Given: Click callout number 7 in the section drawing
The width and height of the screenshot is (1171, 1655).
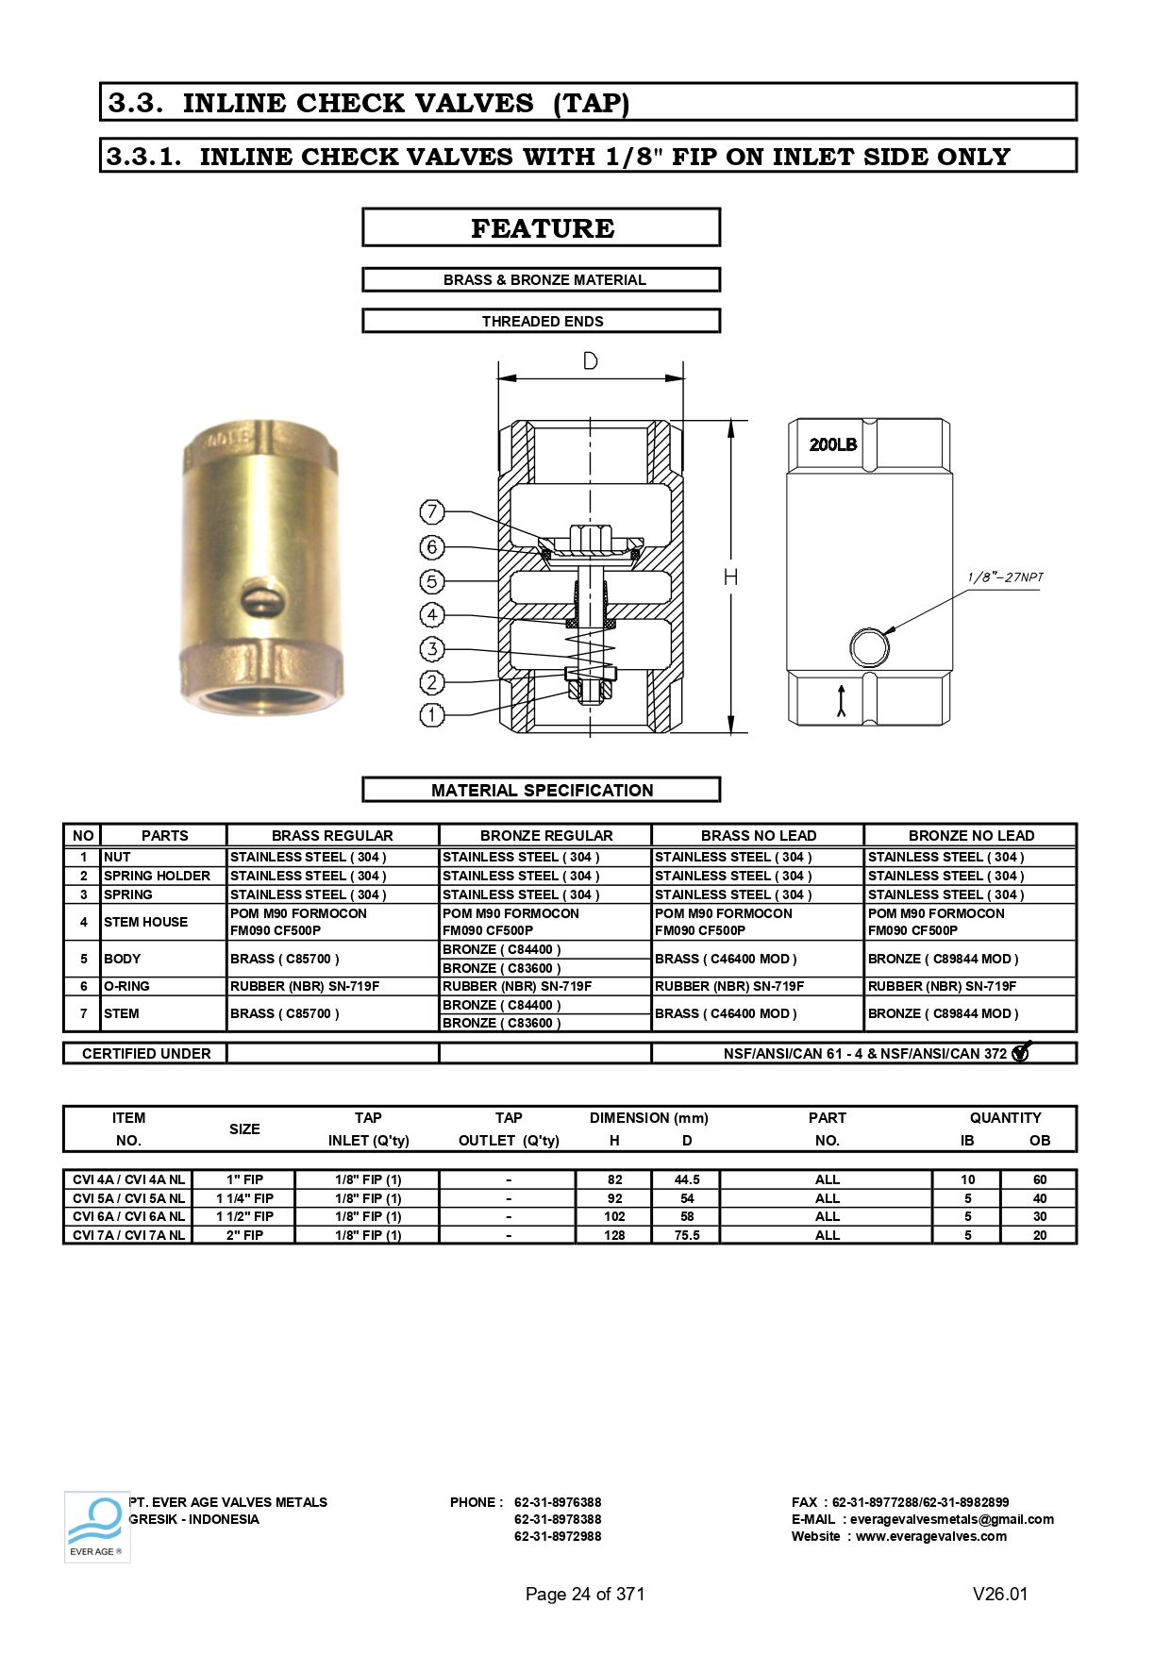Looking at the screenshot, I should pos(431,512).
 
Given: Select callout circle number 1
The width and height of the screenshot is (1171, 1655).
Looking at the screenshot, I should pos(431,715).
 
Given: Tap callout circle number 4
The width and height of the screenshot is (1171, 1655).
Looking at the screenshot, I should pos(431,615).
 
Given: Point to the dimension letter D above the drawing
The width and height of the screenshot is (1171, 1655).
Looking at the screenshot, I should pos(590,361).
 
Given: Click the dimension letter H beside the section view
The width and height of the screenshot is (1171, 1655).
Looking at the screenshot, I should pos(730,577).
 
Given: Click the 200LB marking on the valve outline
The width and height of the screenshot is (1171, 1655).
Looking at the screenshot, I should pos(832,444).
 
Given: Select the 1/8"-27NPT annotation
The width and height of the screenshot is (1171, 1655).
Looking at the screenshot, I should pos(1005,577).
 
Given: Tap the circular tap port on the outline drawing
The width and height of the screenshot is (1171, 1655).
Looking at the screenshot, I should pos(869,648).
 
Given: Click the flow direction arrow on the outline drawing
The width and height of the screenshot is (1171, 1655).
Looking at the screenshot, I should pos(841,701).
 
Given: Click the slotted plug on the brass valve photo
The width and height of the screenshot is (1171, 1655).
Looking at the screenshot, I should pos(260,598).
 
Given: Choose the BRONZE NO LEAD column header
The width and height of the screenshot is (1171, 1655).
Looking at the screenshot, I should pos(971,835).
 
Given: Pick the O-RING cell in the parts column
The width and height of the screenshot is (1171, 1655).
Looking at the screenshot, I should pos(126,986).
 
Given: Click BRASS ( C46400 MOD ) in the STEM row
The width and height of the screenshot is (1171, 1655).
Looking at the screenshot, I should pos(726,1013).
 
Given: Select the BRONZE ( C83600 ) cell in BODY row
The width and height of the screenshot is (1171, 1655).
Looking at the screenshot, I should pos(502,968).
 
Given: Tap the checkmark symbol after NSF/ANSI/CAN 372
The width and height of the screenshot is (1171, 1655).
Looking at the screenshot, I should pos(1021,1052).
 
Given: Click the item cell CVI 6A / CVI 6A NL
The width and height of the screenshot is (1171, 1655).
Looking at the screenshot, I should pos(128,1216).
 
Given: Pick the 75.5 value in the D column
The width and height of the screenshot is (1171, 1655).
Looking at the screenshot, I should pos(687,1235).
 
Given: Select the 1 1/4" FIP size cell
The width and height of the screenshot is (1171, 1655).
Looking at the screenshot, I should pos(244,1198).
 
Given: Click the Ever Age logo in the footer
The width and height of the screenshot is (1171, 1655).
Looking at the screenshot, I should pos(96,1526).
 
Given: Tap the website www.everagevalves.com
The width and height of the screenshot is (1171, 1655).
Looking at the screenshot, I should pos(930,1536).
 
